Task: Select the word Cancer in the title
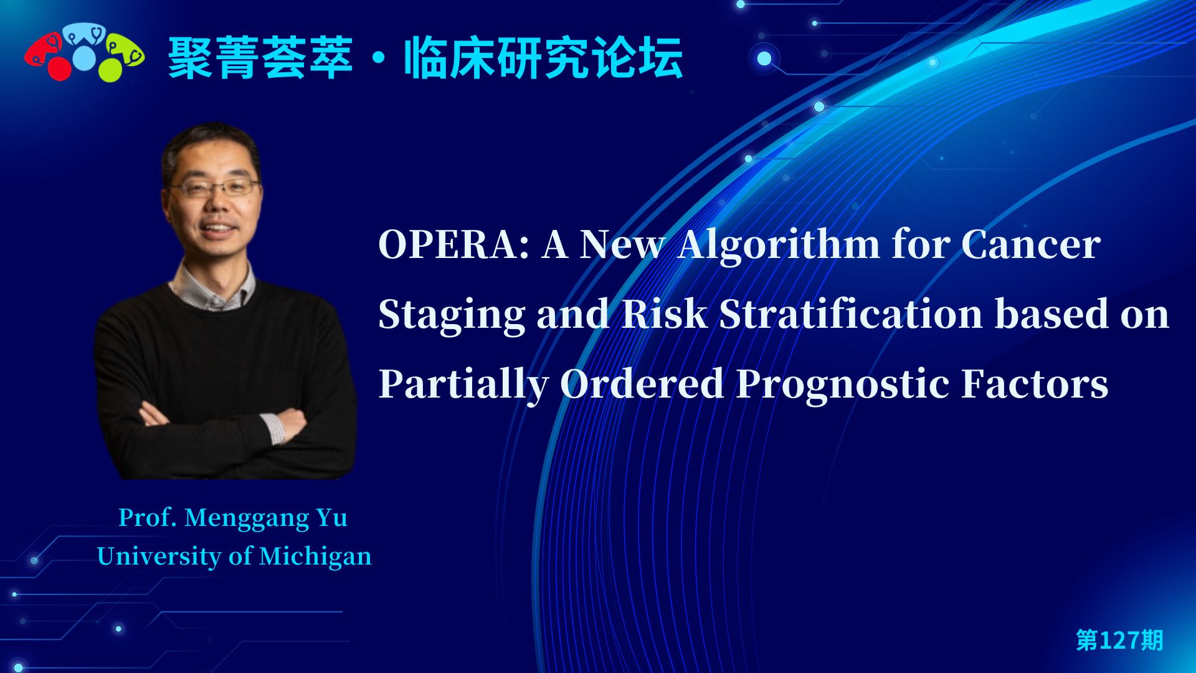(1031, 244)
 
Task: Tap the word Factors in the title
(1035, 383)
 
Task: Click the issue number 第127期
(1119, 640)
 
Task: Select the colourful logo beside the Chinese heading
(85, 52)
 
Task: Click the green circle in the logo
(110, 69)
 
